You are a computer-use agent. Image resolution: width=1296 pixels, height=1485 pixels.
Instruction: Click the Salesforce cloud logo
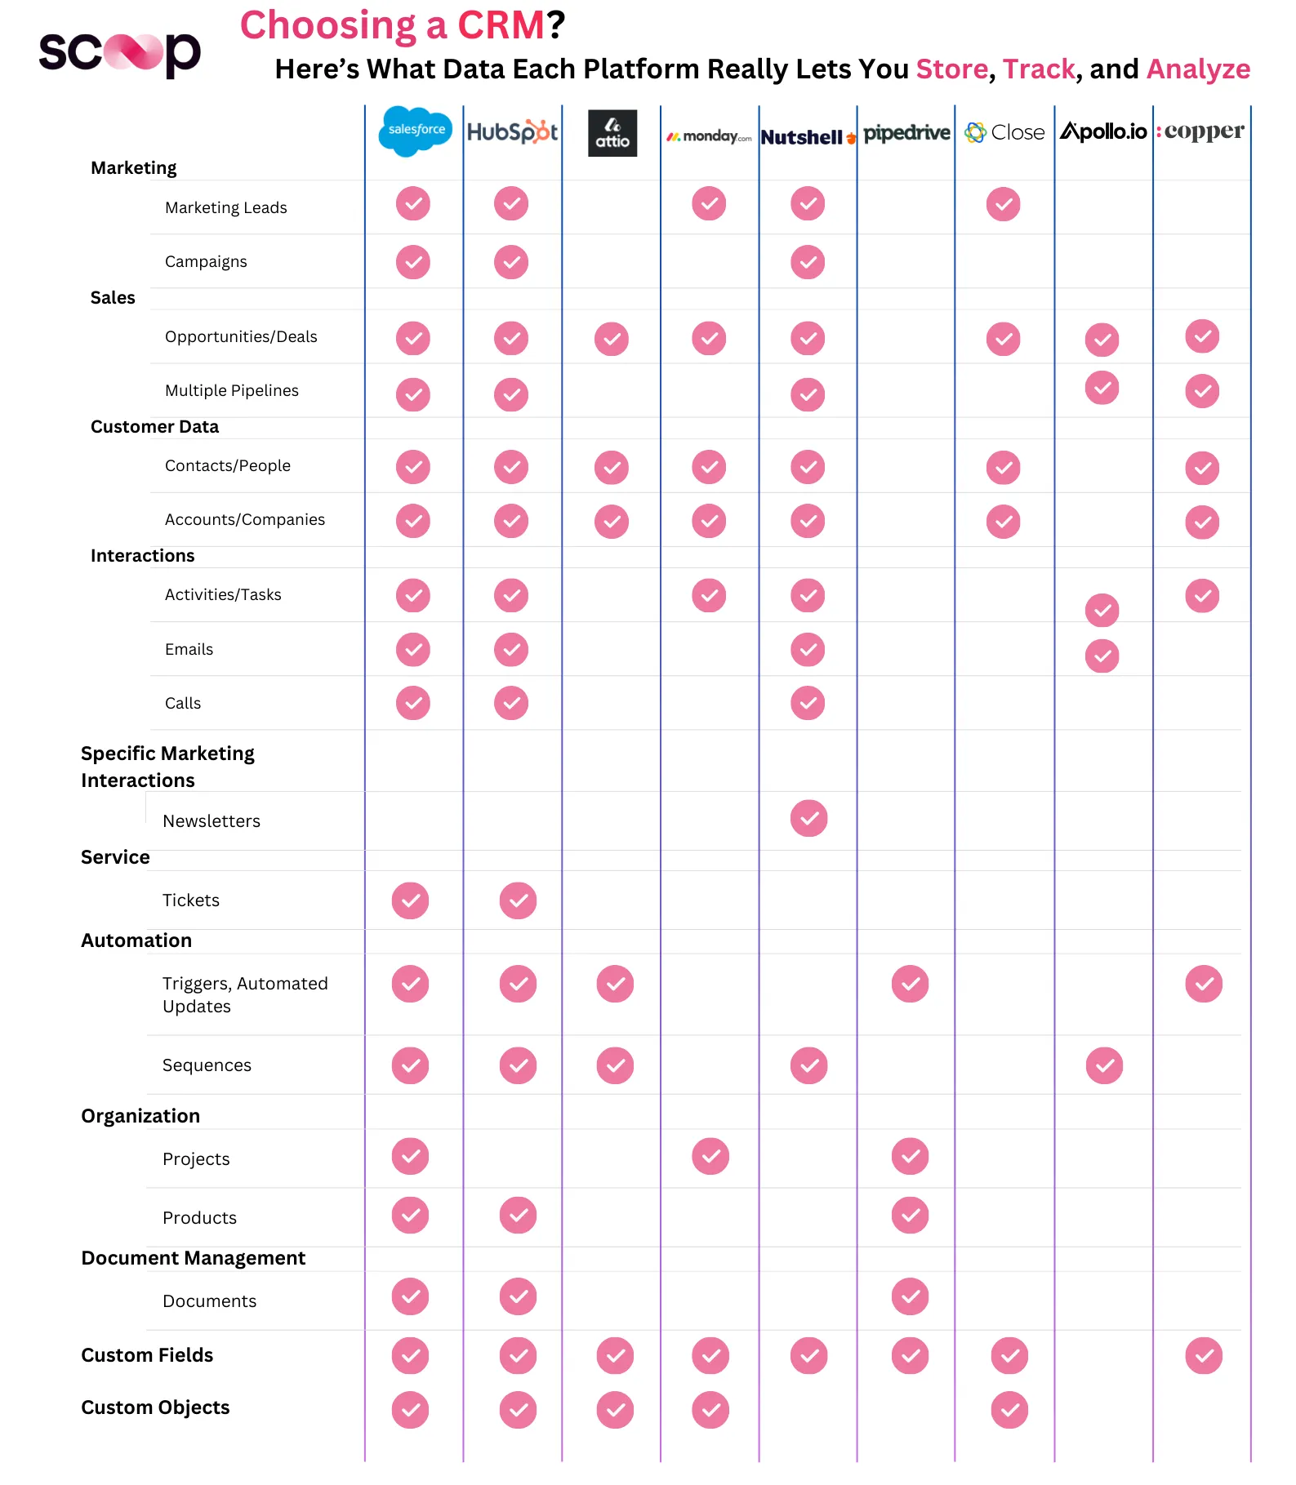(x=415, y=131)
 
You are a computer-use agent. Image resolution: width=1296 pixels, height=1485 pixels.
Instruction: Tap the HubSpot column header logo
(x=512, y=131)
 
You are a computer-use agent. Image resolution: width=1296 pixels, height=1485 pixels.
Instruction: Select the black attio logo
(x=612, y=133)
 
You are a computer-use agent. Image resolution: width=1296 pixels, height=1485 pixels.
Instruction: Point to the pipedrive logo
(x=906, y=133)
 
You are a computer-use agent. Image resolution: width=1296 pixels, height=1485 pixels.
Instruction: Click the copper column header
(x=1201, y=131)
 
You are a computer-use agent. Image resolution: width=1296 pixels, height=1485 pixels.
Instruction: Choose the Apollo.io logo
(x=1103, y=131)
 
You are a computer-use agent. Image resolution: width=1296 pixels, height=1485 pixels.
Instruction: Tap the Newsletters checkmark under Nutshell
(x=808, y=818)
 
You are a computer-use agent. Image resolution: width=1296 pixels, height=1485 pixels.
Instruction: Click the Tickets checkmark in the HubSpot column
(x=518, y=900)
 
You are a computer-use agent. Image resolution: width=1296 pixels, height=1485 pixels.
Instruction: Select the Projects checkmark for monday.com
(x=710, y=1156)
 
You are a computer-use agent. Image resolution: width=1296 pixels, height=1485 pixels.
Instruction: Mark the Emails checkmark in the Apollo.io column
(x=1102, y=656)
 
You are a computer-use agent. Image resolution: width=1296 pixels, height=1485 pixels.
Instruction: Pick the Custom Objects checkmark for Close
(x=1009, y=1410)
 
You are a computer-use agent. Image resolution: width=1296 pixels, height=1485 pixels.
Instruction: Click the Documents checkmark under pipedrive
(x=910, y=1296)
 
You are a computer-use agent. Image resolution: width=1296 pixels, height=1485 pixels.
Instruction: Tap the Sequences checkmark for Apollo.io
(x=1104, y=1065)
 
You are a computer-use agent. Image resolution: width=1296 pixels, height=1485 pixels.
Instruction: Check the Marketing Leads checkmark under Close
(x=1003, y=204)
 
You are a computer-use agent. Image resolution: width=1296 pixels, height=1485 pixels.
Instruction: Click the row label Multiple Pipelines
(x=232, y=390)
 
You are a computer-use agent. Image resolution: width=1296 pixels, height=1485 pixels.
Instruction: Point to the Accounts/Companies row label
(x=245, y=519)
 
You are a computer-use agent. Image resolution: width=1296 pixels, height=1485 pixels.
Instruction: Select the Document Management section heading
(x=194, y=1258)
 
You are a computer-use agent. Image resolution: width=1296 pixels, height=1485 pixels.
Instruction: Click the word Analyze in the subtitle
(x=1198, y=69)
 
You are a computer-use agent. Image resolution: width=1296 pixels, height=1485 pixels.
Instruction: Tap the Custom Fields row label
(x=147, y=1355)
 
